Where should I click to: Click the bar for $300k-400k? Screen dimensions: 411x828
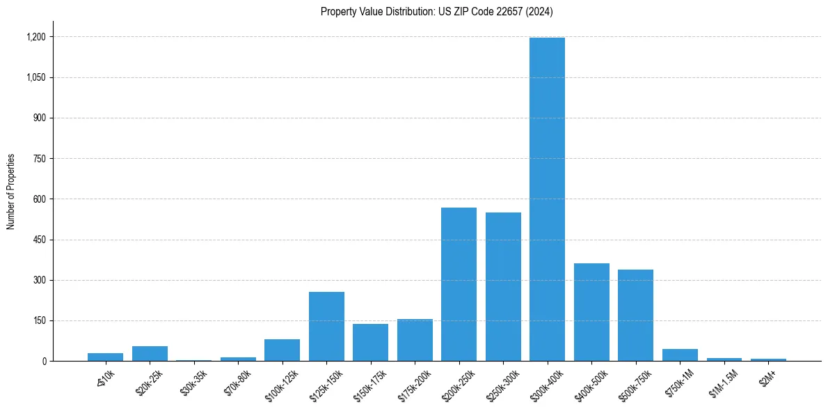[547, 199]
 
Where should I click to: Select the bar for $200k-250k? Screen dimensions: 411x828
[459, 284]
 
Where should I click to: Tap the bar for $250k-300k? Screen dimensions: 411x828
[503, 287]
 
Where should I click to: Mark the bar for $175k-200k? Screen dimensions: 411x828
[415, 340]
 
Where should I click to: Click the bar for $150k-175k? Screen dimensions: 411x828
[370, 343]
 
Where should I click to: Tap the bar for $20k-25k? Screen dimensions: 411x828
[150, 354]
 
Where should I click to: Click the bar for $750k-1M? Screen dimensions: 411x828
[680, 355]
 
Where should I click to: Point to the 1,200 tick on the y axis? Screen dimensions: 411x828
[37, 37]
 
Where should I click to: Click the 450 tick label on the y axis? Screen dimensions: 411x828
[40, 240]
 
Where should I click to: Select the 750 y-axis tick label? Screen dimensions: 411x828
[40, 159]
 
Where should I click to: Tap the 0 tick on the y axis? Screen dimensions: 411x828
[44, 362]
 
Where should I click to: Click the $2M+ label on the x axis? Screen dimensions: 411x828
[767, 376]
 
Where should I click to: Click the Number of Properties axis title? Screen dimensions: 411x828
[10, 192]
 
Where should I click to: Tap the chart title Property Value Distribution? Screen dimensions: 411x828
[436, 12]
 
